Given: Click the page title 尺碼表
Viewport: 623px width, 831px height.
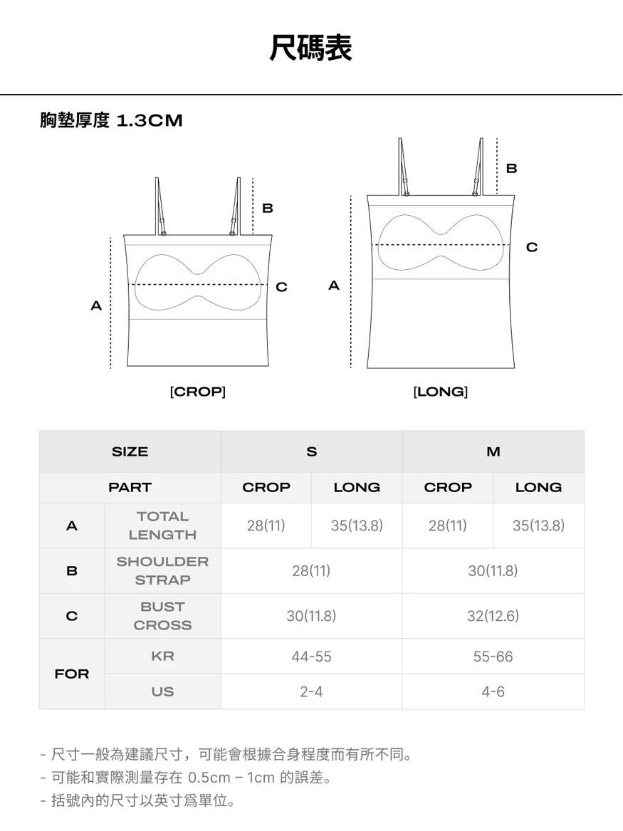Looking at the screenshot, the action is point(311,48).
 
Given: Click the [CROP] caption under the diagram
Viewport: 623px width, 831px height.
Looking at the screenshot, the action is point(198,392).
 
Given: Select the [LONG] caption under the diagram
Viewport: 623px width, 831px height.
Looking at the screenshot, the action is point(440,392).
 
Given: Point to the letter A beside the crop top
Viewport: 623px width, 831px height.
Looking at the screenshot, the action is point(96,305).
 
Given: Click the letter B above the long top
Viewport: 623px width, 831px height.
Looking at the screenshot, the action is point(511,169).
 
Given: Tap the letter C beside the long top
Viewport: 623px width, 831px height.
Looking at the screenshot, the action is point(532,247).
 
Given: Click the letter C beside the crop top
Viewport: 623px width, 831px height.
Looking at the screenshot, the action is point(281,287).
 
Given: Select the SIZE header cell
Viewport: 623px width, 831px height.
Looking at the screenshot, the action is point(130,451).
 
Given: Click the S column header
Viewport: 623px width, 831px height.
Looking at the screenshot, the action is point(312,451).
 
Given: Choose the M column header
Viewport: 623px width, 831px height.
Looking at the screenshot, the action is point(493,451).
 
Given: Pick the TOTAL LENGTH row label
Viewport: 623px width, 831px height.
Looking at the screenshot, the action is point(162,526).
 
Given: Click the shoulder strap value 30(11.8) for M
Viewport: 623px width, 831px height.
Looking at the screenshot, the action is point(493,571).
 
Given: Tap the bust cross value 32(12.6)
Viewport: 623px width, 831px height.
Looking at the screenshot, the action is point(493,616).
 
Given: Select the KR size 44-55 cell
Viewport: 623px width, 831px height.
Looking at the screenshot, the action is point(312,657).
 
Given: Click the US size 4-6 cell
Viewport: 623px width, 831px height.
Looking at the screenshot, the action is point(493,691).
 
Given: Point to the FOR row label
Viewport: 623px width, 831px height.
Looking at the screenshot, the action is point(71,674).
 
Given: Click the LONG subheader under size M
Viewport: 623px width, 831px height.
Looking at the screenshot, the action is point(539,488).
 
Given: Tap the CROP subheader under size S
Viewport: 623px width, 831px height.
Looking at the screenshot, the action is point(266,488).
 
